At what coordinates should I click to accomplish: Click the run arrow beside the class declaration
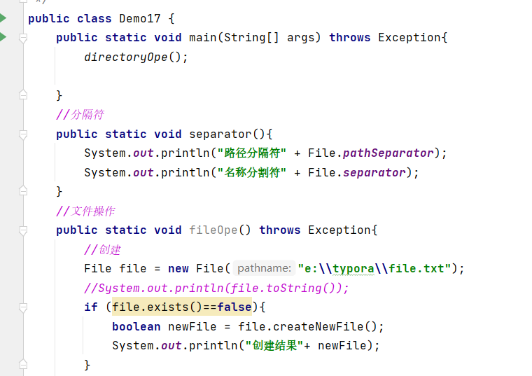[x=3, y=18]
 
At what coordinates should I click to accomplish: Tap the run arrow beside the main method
[x=3, y=37]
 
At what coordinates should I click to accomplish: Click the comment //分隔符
[x=80, y=114]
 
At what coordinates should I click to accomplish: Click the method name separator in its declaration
[x=220, y=134]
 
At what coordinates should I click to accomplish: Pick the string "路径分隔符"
[x=252, y=153]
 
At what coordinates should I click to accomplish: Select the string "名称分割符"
[x=252, y=172]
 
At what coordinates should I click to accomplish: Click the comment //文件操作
[x=86, y=211]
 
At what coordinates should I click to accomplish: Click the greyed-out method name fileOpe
[x=213, y=230]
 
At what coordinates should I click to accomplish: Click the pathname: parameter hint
[x=264, y=268]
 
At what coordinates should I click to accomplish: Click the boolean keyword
[x=136, y=326]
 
